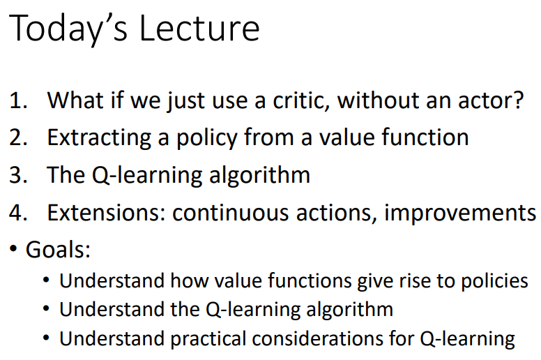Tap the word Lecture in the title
tap(201, 29)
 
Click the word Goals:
tap(59, 249)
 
